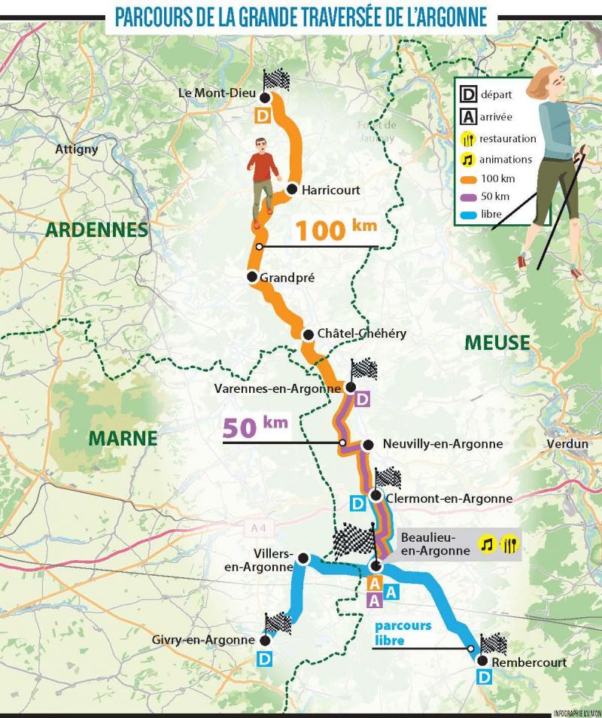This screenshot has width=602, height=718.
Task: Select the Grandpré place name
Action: tap(287, 278)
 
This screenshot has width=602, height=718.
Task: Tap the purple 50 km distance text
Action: tap(255, 426)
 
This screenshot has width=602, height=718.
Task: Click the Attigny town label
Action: tap(77, 149)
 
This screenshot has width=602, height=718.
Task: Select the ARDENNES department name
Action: tap(96, 230)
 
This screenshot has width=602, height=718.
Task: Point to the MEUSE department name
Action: tap(497, 342)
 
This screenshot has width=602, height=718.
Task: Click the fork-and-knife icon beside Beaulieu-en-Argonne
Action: tap(509, 543)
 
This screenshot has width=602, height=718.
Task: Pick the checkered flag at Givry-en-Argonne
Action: tap(278, 622)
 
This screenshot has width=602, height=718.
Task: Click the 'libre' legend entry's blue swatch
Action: tap(467, 214)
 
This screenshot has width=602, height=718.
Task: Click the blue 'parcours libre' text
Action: tap(403, 633)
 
